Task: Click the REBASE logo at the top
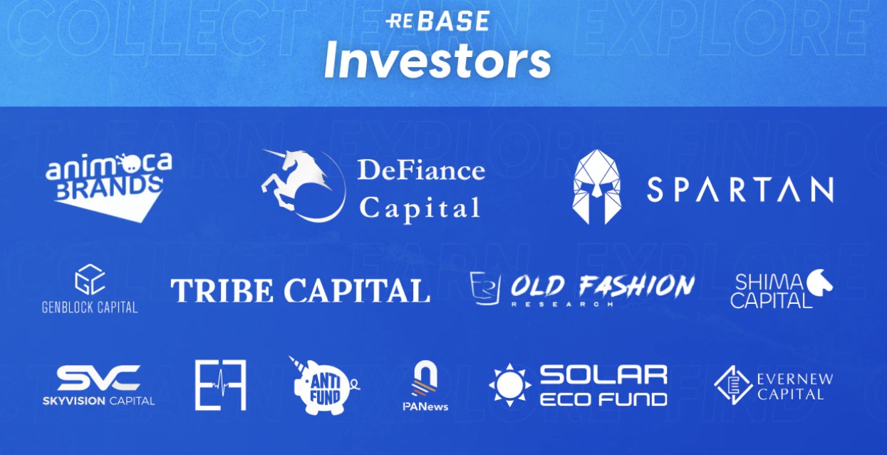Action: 437,21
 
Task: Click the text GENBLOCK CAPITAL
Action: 90,307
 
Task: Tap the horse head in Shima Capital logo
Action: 820,282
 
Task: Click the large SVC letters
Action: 98,378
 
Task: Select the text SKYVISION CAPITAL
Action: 98,401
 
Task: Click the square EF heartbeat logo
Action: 220,385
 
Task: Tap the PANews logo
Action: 425,386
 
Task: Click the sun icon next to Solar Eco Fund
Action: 510,385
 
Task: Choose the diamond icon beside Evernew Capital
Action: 733,385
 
